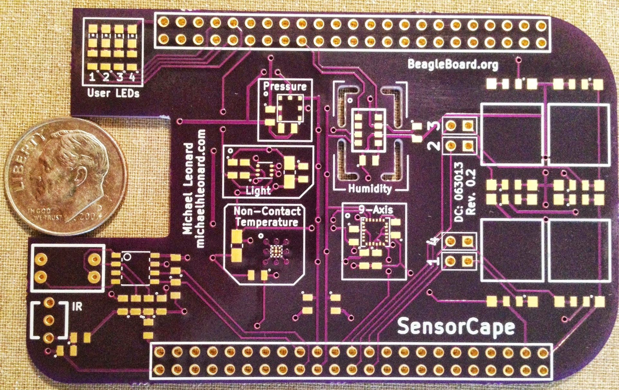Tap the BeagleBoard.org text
point(453,64)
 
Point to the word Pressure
point(285,86)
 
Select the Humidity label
point(370,189)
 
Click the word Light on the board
point(258,190)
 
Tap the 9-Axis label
point(376,210)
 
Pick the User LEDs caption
point(113,93)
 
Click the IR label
point(77,307)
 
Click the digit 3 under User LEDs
point(120,77)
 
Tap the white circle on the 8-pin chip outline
point(127,257)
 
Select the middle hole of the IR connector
point(49,320)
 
